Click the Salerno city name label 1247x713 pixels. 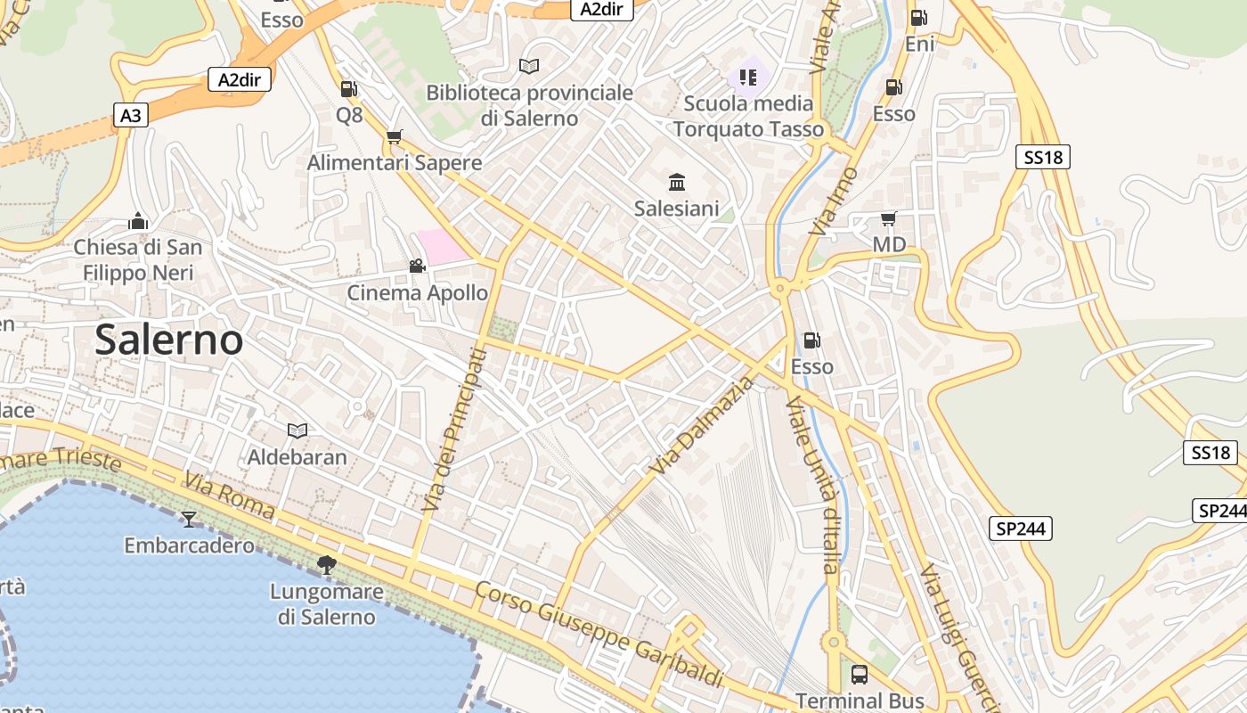click(x=168, y=340)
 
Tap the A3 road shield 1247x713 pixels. click(x=130, y=115)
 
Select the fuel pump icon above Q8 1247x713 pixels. click(x=349, y=89)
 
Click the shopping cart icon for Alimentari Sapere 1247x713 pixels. click(x=394, y=137)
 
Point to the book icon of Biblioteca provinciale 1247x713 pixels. click(x=529, y=66)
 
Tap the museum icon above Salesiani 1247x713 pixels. click(x=676, y=183)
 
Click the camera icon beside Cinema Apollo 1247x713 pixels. click(x=417, y=266)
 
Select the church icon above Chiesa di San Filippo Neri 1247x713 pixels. click(x=138, y=221)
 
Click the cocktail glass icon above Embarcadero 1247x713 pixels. click(x=188, y=519)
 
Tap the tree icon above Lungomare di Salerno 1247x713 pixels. click(x=326, y=564)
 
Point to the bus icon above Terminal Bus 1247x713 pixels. click(x=860, y=675)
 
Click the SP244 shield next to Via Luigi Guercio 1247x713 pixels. click(x=1021, y=529)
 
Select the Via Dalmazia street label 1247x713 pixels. click(x=701, y=426)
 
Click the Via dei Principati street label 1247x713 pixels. click(x=455, y=430)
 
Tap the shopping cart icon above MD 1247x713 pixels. click(x=888, y=218)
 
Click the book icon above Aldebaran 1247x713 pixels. click(x=297, y=431)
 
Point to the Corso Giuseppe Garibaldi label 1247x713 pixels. click(x=599, y=634)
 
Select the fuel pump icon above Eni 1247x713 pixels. click(x=918, y=18)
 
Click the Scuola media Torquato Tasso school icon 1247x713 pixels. click(x=748, y=77)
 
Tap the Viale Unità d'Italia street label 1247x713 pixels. click(x=812, y=486)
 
